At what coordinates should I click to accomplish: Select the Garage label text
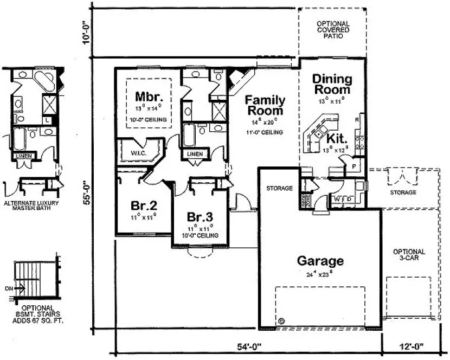[x=320, y=261]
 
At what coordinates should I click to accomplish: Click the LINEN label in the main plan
[x=195, y=154]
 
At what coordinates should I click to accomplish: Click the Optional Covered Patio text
[x=333, y=30]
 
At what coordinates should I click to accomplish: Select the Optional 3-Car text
[x=409, y=255]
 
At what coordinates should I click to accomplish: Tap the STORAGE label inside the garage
[x=279, y=188]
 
